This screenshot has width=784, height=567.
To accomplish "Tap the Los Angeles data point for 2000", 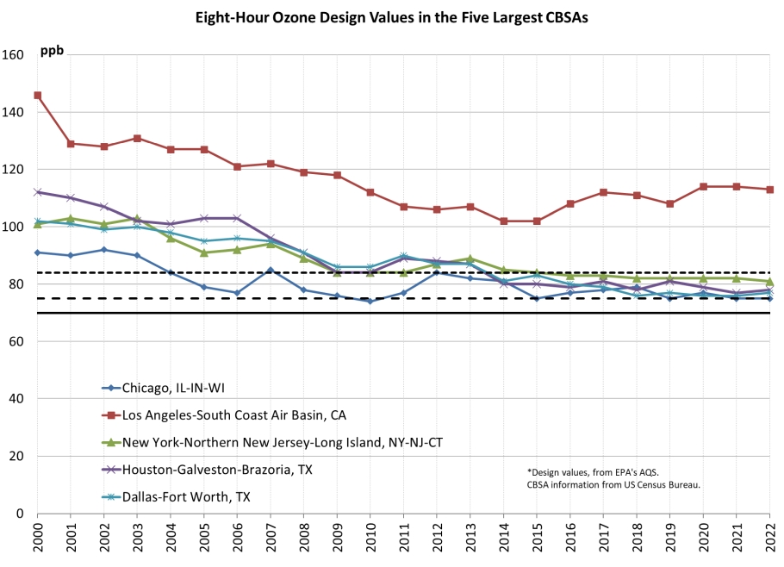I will point(37,96).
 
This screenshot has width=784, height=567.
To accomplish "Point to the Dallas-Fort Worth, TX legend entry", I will point(196,496).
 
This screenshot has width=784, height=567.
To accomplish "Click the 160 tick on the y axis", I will point(15,55).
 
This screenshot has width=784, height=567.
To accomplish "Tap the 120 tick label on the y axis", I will point(15,170).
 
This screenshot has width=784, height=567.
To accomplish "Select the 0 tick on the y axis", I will point(19,514).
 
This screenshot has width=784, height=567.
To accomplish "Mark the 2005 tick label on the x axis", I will point(204,539).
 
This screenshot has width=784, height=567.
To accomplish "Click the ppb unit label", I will point(53,51).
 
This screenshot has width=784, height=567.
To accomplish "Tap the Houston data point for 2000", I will point(37,192).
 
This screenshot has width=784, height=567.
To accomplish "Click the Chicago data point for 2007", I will point(271,270).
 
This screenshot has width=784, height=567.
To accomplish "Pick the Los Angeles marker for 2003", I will point(137,138).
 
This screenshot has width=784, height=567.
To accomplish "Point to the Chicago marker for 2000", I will point(37,252).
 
